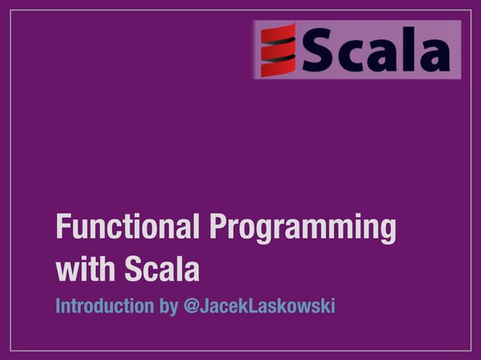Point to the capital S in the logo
coord(318,50)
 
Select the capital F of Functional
coord(63,228)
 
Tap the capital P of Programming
coord(219,228)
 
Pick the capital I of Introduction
coord(59,307)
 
